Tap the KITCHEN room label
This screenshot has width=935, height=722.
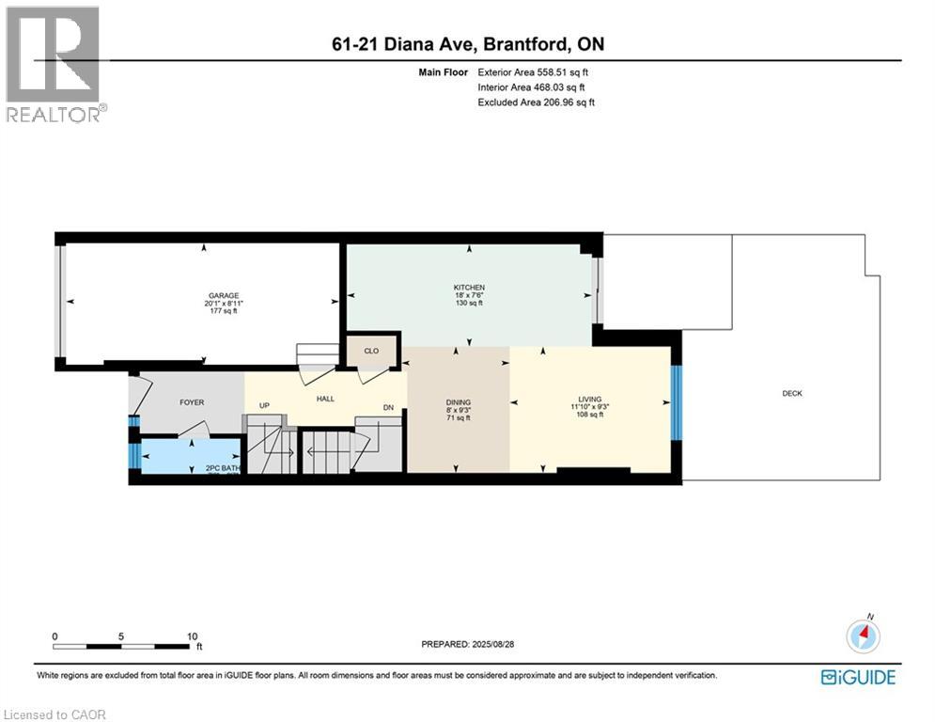pos(468,287)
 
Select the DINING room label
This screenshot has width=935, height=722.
pos(459,402)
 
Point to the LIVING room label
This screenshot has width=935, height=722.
pos(590,399)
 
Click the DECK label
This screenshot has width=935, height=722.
pos(792,394)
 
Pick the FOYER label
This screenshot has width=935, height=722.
pos(191,402)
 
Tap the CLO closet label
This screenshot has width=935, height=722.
pos(371,351)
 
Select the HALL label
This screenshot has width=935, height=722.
pos(325,399)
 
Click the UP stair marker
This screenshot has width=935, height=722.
pos(265,406)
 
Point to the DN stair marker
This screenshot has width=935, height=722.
pos(388,407)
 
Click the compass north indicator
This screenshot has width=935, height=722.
pos(862,636)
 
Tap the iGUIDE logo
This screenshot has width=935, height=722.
pos(857,677)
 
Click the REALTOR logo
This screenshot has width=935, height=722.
pos(55,63)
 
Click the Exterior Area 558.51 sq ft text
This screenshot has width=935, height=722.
pos(534,71)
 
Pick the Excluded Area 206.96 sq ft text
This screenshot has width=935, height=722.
pos(537,102)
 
